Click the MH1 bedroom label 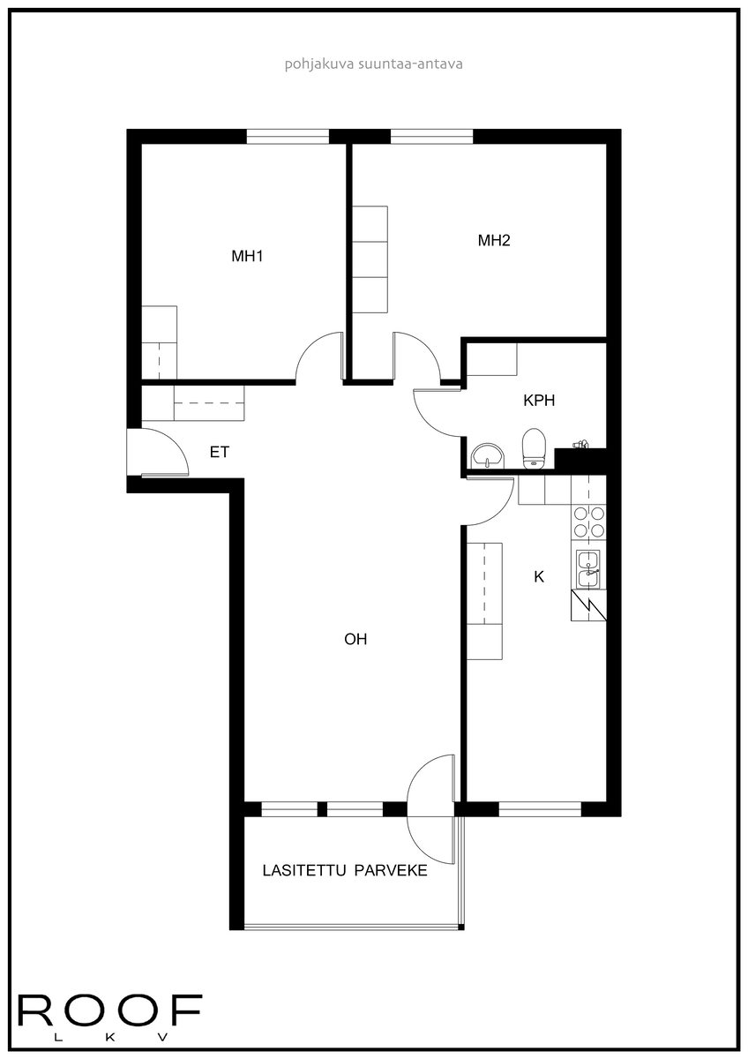click(x=248, y=257)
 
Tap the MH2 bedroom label click(x=494, y=240)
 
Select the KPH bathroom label click(x=539, y=400)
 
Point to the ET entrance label click(x=220, y=452)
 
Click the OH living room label click(x=355, y=640)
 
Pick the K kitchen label click(x=539, y=577)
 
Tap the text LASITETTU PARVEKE click(x=345, y=871)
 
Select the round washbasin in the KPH click(x=486, y=455)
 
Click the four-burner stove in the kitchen click(x=588, y=522)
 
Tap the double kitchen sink click(x=588, y=567)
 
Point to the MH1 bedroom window click(x=288, y=136)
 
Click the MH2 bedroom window click(x=431, y=136)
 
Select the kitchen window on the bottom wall click(x=539, y=807)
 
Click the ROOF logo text click(x=110, y=1011)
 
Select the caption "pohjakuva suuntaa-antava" click(x=373, y=64)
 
